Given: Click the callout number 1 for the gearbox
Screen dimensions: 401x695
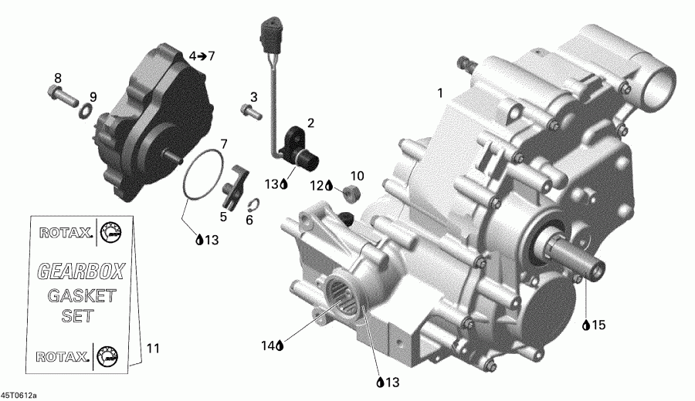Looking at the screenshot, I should pyautogui.click(x=440, y=94).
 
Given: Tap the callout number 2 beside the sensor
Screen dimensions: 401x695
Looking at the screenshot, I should pyautogui.click(x=310, y=123).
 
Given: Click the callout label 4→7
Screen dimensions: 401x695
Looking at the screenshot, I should pyautogui.click(x=202, y=56).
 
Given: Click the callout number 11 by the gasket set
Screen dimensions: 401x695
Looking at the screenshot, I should pyautogui.click(x=153, y=349).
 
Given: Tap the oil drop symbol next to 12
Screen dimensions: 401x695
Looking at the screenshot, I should pyautogui.click(x=330, y=186).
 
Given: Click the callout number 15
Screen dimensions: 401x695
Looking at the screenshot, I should pyautogui.click(x=599, y=325).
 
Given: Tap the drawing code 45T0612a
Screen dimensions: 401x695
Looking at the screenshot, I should pyautogui.click(x=19, y=395).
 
